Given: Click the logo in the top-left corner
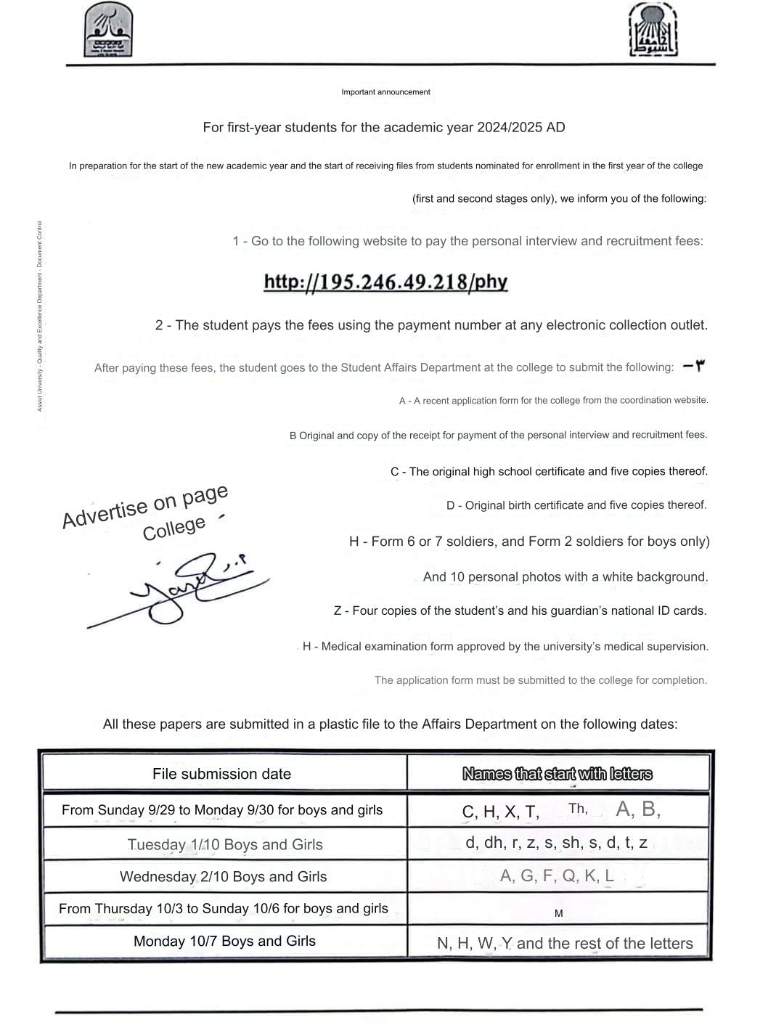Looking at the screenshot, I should click(x=109, y=30).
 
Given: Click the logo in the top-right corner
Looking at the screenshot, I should click(x=653, y=30).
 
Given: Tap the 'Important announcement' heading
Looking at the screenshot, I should click(x=385, y=92).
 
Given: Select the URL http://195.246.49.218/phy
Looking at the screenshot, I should click(x=385, y=282).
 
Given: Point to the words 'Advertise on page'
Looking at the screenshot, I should click(x=145, y=506).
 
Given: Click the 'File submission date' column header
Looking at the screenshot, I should click(x=221, y=774).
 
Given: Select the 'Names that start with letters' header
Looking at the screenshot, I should click(x=557, y=774).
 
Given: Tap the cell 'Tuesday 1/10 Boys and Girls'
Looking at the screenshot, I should click(x=225, y=844).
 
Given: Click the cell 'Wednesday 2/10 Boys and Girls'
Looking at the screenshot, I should click(x=223, y=876).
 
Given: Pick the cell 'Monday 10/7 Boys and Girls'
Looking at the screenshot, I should click(x=224, y=941).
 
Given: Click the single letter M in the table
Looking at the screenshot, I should click(x=558, y=913).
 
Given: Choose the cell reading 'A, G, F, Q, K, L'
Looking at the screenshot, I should click(x=557, y=875).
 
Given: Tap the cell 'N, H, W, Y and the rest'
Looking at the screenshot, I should click(x=565, y=943).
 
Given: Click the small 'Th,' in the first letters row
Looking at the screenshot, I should click(x=578, y=809).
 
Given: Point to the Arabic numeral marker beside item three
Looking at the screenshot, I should click(x=693, y=366).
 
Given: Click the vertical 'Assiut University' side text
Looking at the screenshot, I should click(x=40, y=316).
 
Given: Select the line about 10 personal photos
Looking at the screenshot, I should click(x=565, y=577).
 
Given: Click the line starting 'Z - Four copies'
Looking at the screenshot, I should click(x=520, y=610).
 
